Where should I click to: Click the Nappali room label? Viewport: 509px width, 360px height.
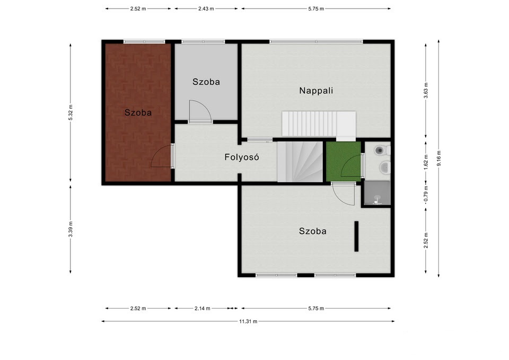pyautogui.click(x=316, y=91)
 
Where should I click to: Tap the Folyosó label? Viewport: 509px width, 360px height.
pyautogui.click(x=242, y=157)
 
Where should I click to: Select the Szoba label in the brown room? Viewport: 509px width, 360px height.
pyautogui.click(x=138, y=112)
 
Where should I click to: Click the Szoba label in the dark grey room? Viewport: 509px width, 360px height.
pyautogui.click(x=206, y=82)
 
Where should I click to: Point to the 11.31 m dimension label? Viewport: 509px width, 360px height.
pyautogui.click(x=248, y=321)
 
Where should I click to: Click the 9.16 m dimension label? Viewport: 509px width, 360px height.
pyautogui.click(x=438, y=159)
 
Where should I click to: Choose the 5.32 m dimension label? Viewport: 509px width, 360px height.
pyautogui.click(x=71, y=112)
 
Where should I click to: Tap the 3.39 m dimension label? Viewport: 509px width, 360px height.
pyautogui.click(x=71, y=229)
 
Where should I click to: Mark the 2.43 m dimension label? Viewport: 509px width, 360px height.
pyautogui.click(x=206, y=9)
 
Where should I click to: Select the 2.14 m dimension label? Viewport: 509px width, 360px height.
pyautogui.click(x=202, y=309)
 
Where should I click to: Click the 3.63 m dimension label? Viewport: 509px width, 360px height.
pyautogui.click(x=426, y=91)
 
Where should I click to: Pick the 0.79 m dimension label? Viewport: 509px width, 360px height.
pyautogui.click(x=426, y=194)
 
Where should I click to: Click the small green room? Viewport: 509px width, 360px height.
pyautogui.click(x=344, y=161)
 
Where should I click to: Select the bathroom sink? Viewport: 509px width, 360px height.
pyautogui.click(x=385, y=168)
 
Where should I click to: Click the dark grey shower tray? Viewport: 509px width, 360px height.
pyautogui.click(x=377, y=193)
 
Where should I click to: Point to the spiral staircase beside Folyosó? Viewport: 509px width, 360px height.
pyautogui.click(x=300, y=161)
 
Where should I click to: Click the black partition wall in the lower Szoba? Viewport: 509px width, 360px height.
pyautogui.click(x=356, y=236)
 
